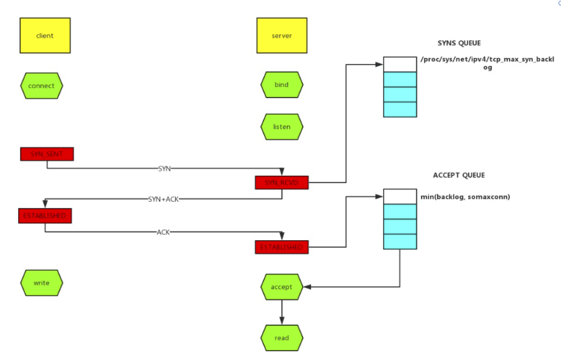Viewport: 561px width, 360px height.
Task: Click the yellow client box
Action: coord(45,36)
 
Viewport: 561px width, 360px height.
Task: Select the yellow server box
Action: coord(282,36)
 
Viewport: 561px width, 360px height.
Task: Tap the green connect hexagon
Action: coord(42,86)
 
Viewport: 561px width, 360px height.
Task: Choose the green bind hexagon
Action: coord(282,85)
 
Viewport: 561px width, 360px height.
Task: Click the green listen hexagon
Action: coord(282,126)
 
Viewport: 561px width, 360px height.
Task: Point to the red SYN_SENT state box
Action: coord(46,154)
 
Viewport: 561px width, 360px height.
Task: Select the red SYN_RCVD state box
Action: coord(282,182)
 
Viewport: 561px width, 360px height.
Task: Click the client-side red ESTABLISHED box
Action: coord(44,216)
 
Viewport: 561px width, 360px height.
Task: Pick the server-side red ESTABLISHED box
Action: coord(282,247)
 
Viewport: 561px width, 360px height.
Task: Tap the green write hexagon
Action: coord(42,283)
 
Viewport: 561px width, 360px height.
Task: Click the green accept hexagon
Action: coord(282,287)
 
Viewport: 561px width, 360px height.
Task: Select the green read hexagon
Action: coord(282,337)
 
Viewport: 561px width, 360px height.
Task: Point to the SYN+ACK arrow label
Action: coord(164,199)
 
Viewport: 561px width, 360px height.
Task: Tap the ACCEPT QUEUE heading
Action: coord(459,176)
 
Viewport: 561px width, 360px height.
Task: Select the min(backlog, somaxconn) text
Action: coord(465,196)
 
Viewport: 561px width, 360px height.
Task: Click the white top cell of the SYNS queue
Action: coord(400,65)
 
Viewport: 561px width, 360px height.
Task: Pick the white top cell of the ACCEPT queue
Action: coord(400,196)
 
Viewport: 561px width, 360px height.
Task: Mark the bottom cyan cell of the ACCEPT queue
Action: coord(400,241)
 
